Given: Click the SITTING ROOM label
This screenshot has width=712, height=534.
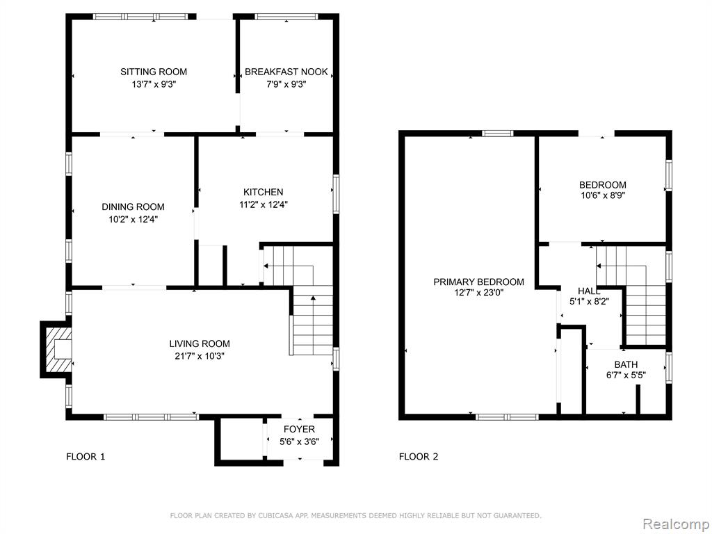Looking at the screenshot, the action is [154, 72].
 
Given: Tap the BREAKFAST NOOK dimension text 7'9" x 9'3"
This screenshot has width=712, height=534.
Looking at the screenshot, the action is [286, 84].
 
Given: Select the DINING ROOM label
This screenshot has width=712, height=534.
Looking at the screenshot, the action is [133, 207].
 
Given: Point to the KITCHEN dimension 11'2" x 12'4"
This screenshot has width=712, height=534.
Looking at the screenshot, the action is [264, 204].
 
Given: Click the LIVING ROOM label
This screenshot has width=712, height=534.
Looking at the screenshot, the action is [200, 343].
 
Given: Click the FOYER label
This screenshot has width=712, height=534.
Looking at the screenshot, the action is [299, 429].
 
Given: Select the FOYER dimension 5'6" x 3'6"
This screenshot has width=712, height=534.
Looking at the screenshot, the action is [299, 442].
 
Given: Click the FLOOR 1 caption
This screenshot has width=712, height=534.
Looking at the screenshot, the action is [86, 457].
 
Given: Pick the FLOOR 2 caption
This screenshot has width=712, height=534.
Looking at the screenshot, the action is [419, 457].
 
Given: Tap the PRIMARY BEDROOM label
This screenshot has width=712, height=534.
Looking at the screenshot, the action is [478, 282].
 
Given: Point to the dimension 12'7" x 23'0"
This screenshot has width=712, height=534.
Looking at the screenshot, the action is [478, 293].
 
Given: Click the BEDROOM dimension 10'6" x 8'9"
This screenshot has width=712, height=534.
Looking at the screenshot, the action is [603, 195].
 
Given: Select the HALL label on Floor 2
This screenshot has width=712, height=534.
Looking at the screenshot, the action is [589, 291].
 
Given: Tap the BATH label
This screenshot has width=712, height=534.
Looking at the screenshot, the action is [626, 364].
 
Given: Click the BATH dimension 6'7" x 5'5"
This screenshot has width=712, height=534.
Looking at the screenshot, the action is [626, 375].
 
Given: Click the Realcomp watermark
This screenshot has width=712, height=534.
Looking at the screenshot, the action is [674, 524].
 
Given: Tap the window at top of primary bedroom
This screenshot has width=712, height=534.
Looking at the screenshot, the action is [497, 133].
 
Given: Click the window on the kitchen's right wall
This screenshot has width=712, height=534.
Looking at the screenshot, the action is [336, 195].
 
